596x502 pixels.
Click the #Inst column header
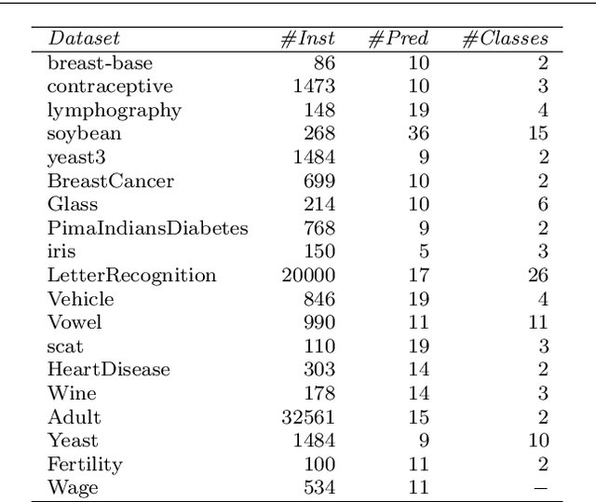[307, 39]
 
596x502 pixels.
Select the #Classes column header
[506, 39]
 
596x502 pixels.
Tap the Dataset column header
[84, 39]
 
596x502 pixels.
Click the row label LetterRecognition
[131, 275]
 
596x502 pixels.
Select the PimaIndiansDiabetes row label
[147, 227]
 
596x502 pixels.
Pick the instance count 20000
[308, 275]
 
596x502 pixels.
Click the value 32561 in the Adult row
[308, 416]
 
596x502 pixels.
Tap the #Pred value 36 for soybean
[418, 133]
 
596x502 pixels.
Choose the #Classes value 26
[537, 275]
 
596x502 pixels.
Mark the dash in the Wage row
[541, 487]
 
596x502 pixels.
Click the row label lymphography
[115, 110]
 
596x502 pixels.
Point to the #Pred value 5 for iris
[424, 251]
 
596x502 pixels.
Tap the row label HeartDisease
[109, 370]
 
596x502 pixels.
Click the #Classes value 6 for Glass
[543, 204]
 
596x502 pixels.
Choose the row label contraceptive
[110, 87]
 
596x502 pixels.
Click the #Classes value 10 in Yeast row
[537, 440]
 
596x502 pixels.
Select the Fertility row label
[85, 464]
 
